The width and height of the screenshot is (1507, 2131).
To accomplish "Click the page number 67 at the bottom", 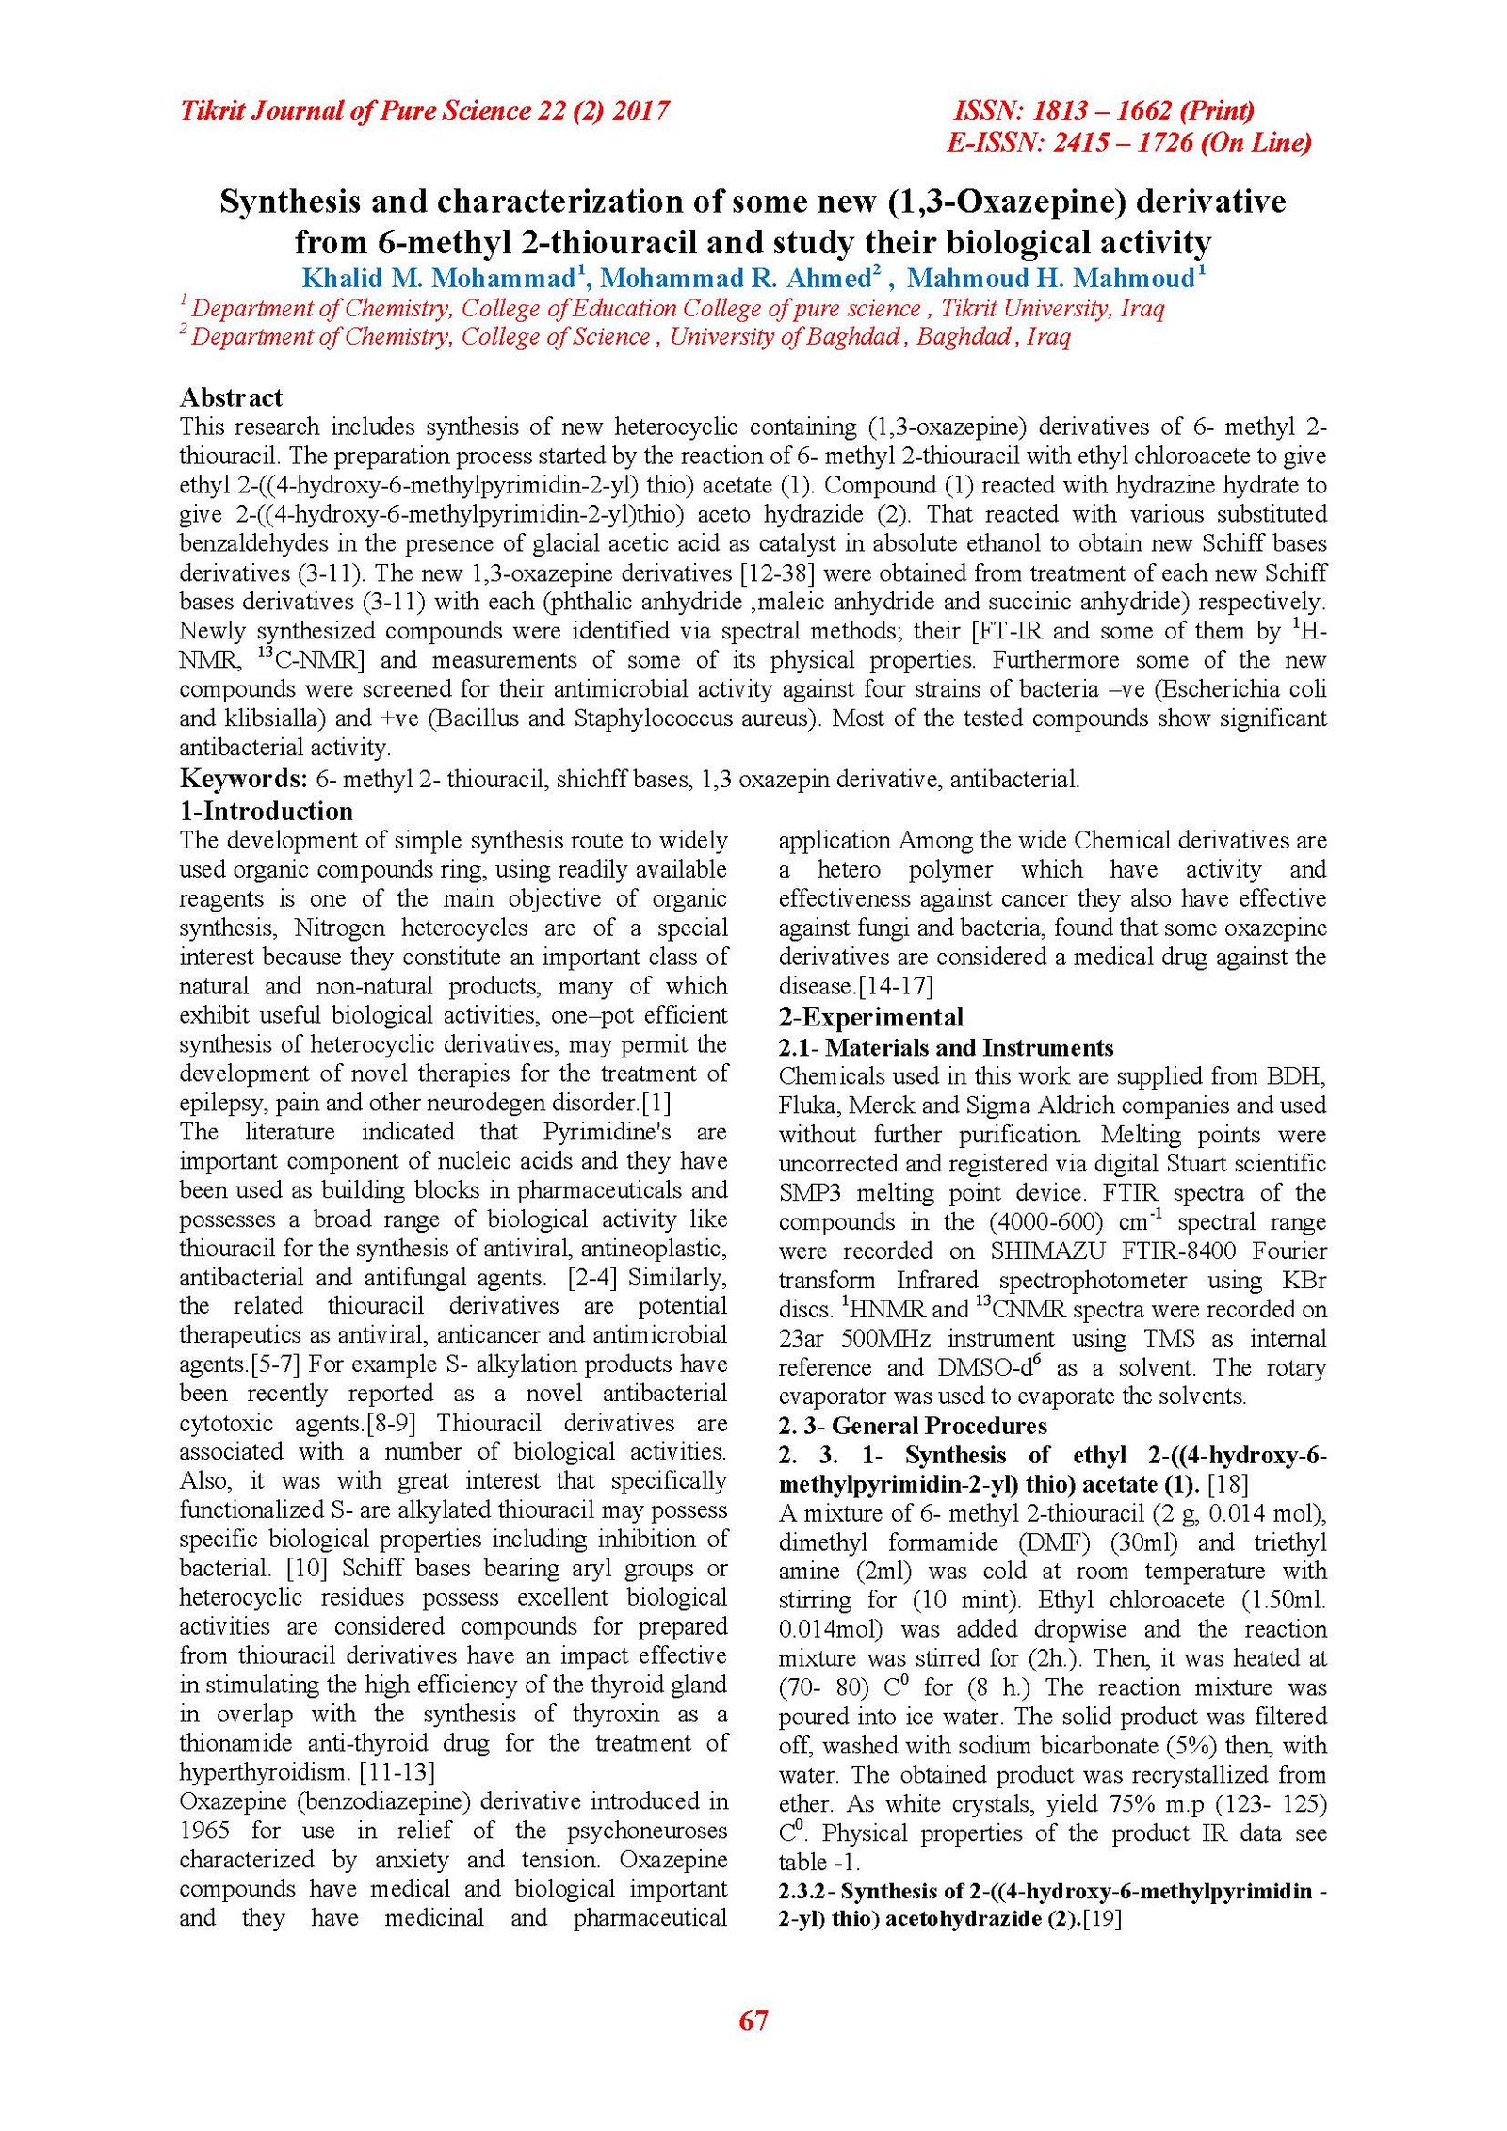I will coord(753,2020).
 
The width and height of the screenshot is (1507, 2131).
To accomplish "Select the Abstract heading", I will coord(231,397).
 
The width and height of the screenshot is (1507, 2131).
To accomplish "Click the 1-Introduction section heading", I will coord(266,811).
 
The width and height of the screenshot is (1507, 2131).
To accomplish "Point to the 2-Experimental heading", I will coord(870,1017).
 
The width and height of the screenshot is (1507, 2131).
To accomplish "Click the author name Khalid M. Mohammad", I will coord(437,279).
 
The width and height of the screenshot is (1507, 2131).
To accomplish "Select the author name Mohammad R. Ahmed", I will coord(736,279).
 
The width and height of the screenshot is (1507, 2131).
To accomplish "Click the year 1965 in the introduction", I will coord(205,1831).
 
